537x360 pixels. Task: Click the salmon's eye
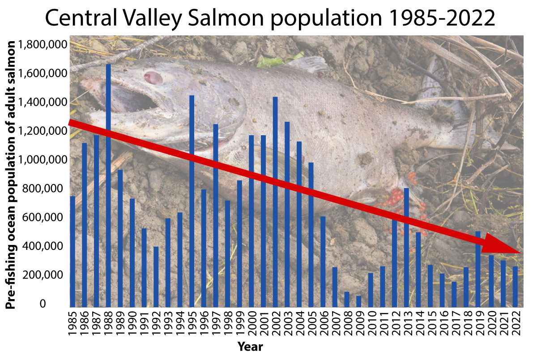[x=153, y=77]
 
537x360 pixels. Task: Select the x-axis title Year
[x=250, y=346]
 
